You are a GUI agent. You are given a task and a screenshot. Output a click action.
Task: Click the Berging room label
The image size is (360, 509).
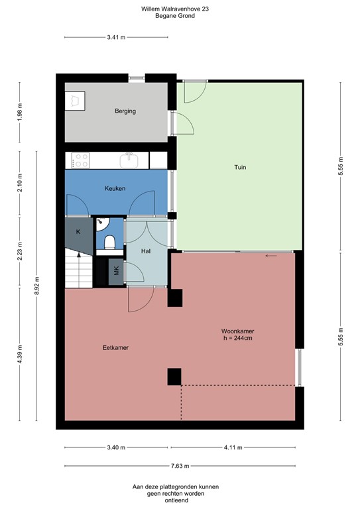[125, 111]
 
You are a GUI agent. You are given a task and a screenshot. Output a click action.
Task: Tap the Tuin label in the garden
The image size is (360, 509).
[239, 167]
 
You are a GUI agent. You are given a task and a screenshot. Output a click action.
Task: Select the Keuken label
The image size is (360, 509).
[115, 189]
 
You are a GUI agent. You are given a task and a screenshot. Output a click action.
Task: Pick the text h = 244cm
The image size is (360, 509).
[238, 338]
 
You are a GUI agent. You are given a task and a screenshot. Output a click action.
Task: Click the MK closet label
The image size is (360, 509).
[117, 270]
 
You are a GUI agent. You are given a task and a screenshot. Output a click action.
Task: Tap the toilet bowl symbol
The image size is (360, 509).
[110, 241]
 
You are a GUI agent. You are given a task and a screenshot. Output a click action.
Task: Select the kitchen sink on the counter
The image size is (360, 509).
[129, 160]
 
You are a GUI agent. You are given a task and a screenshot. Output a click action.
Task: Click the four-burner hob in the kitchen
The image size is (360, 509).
[81, 160]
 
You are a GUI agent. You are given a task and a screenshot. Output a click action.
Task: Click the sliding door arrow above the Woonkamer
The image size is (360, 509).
[270, 255]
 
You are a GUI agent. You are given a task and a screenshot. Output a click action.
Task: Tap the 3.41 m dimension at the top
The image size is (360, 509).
[116, 37]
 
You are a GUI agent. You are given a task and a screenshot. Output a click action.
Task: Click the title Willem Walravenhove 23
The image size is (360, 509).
[179, 9]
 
